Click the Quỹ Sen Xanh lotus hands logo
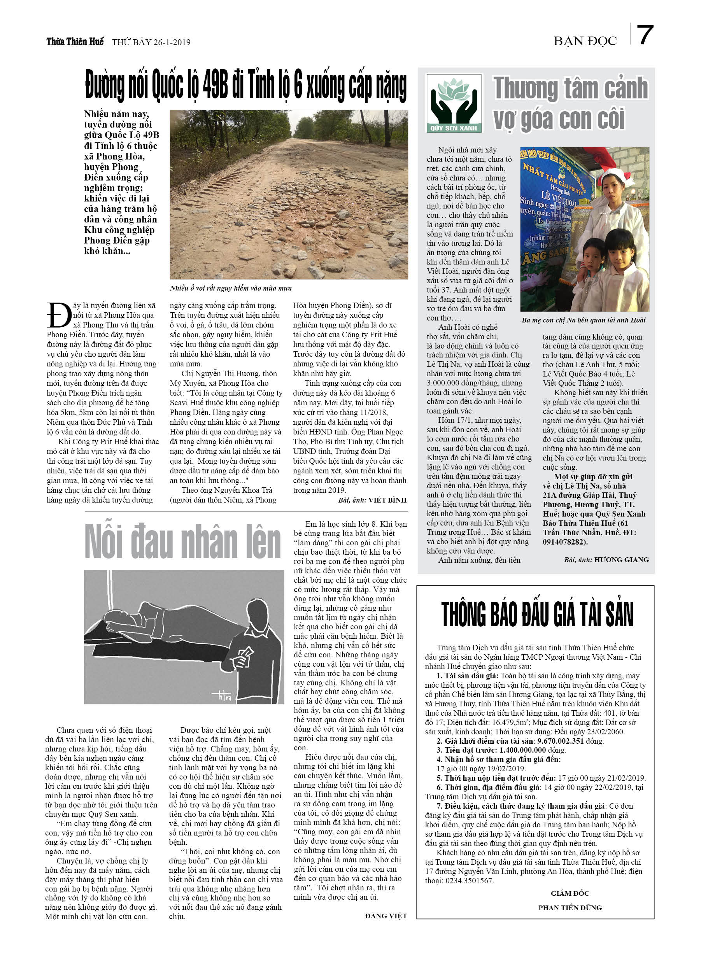click(x=454, y=103)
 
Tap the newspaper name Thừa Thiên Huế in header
click(x=75, y=42)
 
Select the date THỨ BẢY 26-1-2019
click(x=151, y=42)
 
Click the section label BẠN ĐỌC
click(x=585, y=41)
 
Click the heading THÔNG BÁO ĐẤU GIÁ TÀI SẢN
click(x=537, y=615)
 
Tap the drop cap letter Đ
click(x=59, y=316)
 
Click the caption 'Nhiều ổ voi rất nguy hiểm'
click(x=231, y=288)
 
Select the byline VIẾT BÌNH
click(x=387, y=500)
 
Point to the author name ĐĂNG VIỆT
click(x=386, y=916)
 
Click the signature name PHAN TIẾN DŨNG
click(x=570, y=907)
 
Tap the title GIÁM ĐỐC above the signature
click(x=570, y=893)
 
